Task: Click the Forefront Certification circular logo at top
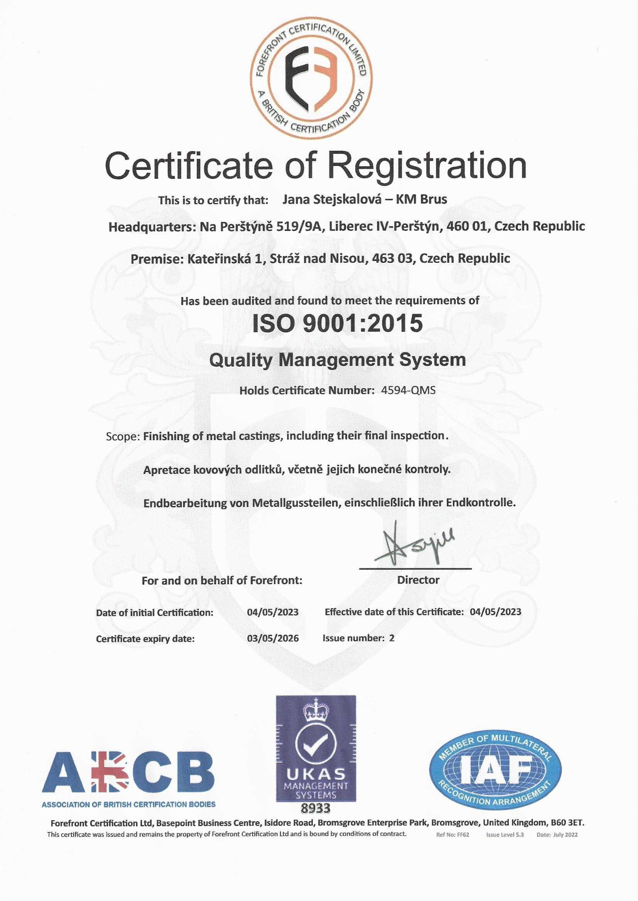coord(311,78)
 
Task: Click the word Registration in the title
coord(427,165)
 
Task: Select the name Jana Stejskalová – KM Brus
coord(365,199)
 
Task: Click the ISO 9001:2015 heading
coord(337,323)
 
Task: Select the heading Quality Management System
coord(337,360)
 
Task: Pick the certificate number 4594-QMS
coord(408,390)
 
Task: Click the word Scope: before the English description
coord(123,436)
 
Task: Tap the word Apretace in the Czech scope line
coord(166,470)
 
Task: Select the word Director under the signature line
coord(418,580)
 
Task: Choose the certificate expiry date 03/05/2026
coord(272,638)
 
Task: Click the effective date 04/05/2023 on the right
coord(495,612)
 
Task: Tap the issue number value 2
coord(392,638)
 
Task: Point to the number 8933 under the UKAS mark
coord(316,809)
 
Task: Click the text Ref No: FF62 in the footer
coord(452,835)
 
